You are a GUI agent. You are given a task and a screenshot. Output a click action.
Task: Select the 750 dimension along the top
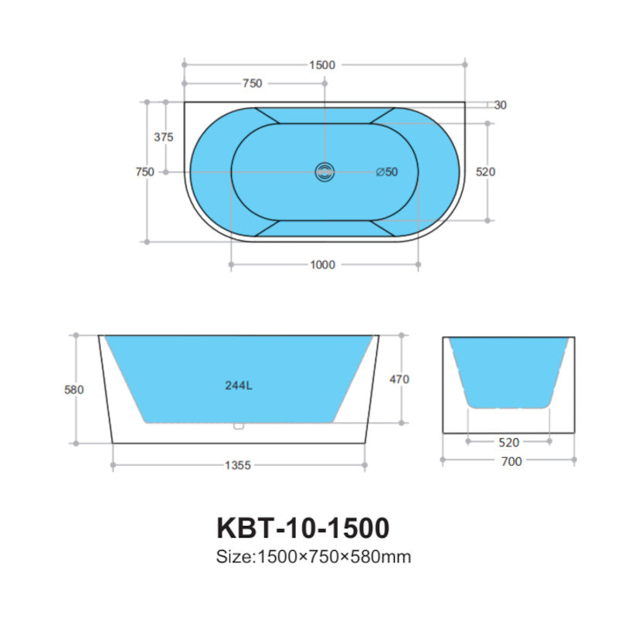tap(253, 83)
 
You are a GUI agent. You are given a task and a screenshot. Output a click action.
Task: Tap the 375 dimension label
tap(164, 138)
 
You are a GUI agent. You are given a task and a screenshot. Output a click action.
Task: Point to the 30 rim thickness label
tap(500, 105)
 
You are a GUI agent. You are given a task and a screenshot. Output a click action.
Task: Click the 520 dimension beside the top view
tap(485, 171)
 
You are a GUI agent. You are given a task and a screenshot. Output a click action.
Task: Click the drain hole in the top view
tap(324, 171)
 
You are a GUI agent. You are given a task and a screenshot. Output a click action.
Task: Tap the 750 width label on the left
tap(144, 171)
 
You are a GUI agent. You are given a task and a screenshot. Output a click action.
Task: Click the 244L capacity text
tap(239, 386)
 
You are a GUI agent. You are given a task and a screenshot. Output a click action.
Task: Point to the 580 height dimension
tap(73, 389)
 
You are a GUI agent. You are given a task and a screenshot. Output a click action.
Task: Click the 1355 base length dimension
tap(238, 465)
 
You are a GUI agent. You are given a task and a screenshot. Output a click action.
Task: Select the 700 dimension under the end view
tap(511, 461)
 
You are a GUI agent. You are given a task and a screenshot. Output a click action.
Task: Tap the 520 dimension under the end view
tap(509, 443)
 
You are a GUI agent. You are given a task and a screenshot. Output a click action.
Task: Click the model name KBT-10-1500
tap(303, 528)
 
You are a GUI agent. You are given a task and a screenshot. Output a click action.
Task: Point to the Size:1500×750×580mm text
tap(313, 557)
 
